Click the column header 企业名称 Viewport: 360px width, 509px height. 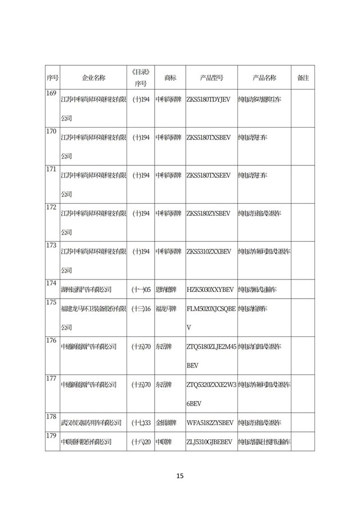pyautogui.click(x=93, y=78)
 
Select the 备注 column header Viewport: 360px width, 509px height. pyautogui.click(x=303, y=78)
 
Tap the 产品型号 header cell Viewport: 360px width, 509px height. pyautogui.click(x=211, y=78)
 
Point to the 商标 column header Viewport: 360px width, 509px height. pyautogui.click(x=170, y=78)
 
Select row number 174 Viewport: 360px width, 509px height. pyautogui.click(x=51, y=283)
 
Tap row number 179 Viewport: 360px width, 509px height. pyautogui.click(x=51, y=436)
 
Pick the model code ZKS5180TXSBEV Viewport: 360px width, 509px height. pyautogui.click(x=208, y=137)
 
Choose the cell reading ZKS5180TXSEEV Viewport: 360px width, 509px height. pyautogui.click(x=208, y=175)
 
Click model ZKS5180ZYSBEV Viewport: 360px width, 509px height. pyautogui.click(x=208, y=214)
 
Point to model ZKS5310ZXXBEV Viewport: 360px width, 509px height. pyautogui.click(x=209, y=251)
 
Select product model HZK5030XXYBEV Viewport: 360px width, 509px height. pyautogui.click(x=210, y=290)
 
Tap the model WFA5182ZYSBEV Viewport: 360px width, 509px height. pyautogui.click(x=209, y=422)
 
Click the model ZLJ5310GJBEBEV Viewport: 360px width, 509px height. pyautogui.click(x=209, y=442)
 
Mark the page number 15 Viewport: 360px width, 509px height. pyautogui.click(x=180, y=476)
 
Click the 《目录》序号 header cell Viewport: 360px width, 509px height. pyautogui.click(x=141, y=78)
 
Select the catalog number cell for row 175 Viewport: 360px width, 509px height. pyautogui.click(x=141, y=309)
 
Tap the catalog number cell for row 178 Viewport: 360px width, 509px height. pyautogui.click(x=141, y=422)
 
